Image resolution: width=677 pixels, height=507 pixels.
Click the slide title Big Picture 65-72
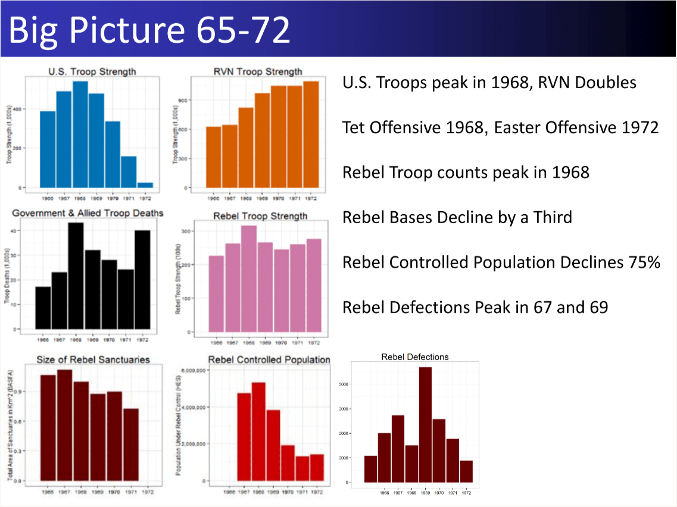point(149,30)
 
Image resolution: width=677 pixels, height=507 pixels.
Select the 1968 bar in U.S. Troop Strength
point(80,134)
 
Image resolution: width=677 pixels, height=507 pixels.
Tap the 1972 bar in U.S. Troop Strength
point(145,185)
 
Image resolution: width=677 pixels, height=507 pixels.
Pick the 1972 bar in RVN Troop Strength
point(310,134)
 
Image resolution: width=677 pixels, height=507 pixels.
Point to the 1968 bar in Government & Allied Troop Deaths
point(76,276)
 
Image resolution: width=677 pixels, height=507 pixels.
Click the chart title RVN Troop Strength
point(257,71)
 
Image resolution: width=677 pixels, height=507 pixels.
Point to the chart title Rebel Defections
point(415,357)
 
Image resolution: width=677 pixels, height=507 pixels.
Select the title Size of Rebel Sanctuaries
point(93,359)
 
